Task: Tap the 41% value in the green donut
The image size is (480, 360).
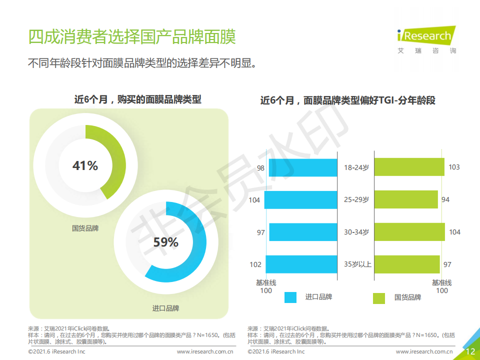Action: tap(85, 165)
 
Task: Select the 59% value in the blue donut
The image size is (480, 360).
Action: tap(165, 242)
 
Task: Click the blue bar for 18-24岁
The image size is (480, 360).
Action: tap(303, 167)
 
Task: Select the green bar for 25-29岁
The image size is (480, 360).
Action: tap(406, 199)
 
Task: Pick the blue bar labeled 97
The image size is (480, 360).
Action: tap(303, 232)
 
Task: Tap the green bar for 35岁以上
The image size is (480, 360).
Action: tap(407, 264)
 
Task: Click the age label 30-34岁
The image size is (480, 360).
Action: tap(356, 232)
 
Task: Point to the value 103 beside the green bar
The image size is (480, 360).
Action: tap(454, 167)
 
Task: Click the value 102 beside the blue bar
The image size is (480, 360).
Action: tap(255, 264)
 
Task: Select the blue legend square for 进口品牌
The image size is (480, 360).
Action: tap(290, 297)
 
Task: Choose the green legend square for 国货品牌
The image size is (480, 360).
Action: tap(378, 298)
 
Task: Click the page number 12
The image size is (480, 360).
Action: tap(470, 351)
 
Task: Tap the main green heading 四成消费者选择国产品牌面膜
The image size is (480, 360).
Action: tap(132, 36)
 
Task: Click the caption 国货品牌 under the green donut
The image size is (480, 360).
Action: tap(85, 228)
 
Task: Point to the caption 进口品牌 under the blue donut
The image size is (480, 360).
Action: tap(165, 308)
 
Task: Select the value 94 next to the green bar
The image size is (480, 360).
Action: tap(445, 199)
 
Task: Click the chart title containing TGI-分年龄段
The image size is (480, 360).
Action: tap(348, 100)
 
